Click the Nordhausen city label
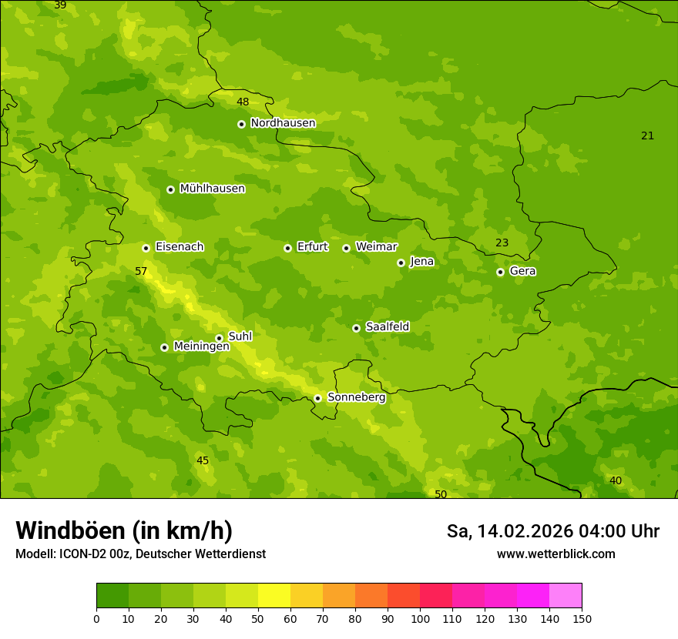[x=283, y=123]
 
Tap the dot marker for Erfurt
[x=287, y=248]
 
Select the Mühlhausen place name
[x=212, y=189]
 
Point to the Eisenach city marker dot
[x=146, y=248]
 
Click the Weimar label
[x=376, y=247]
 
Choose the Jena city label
[x=421, y=262]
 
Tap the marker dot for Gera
[x=500, y=272]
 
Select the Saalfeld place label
[x=387, y=327]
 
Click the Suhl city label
[x=240, y=336]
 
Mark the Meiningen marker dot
[x=164, y=347]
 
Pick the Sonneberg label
[x=356, y=397]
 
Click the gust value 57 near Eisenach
[x=141, y=272]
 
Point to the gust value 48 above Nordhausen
[x=243, y=102]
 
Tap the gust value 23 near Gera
[x=502, y=243]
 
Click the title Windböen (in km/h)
[x=124, y=530]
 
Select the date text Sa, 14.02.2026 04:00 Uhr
[x=552, y=531]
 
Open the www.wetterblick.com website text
[x=555, y=554]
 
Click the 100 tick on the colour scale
[x=420, y=618]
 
